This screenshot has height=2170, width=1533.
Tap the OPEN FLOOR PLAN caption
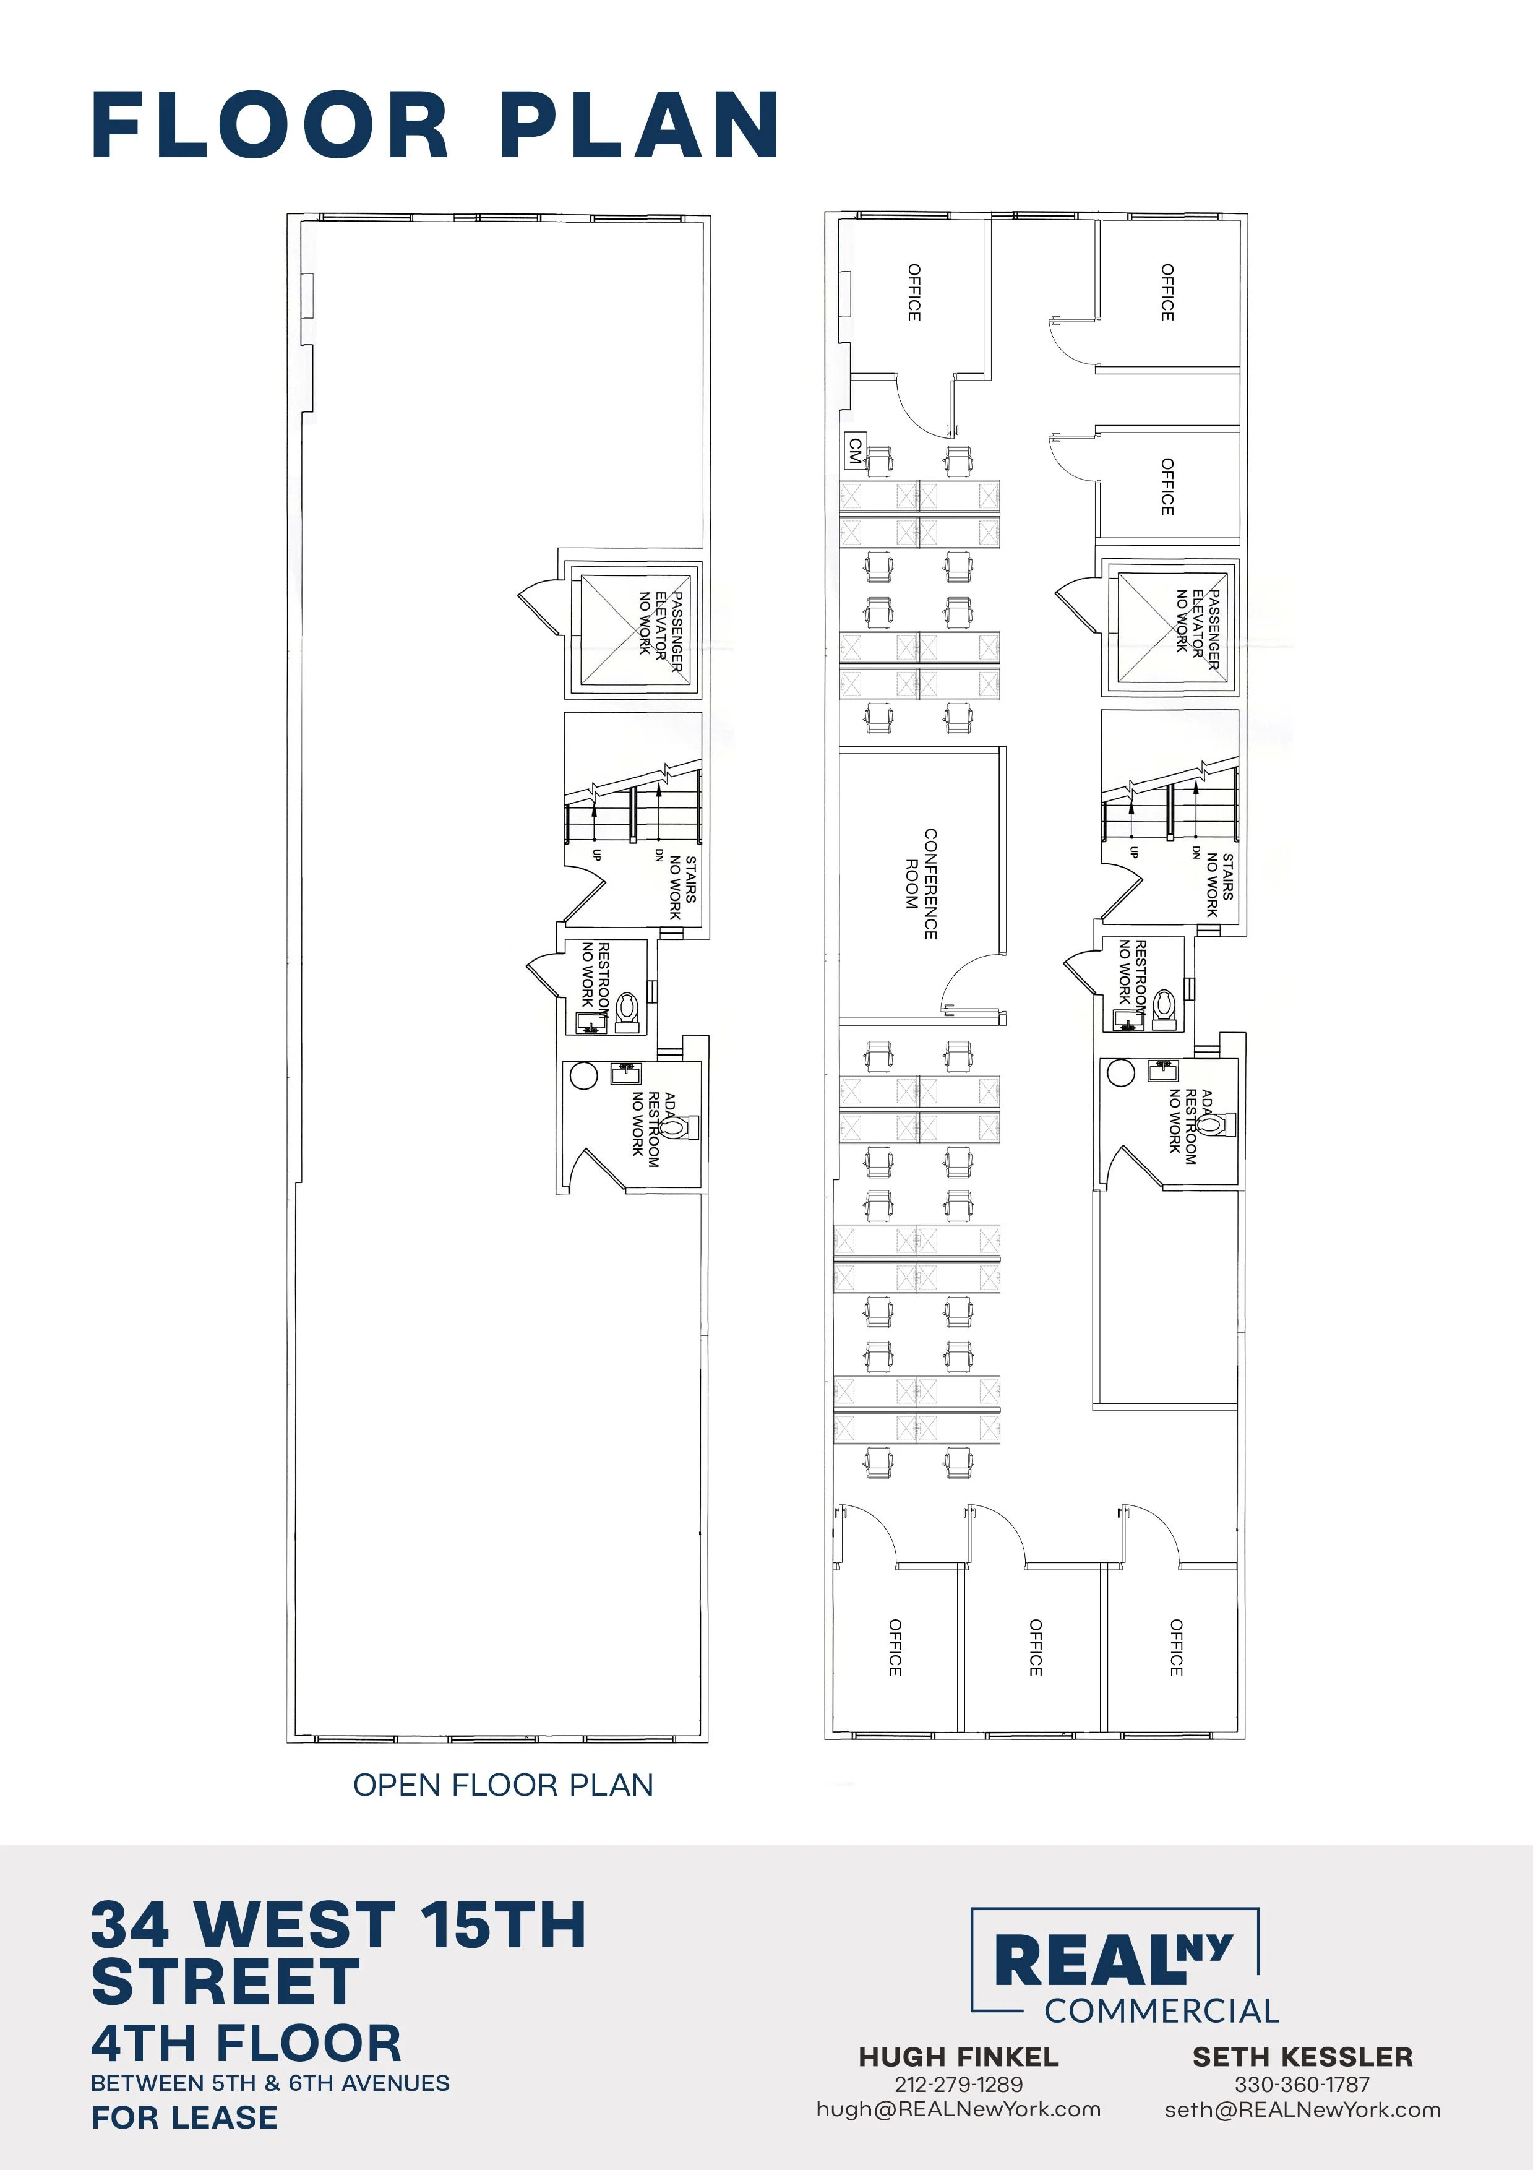(503, 1785)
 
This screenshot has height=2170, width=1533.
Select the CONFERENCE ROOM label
(922, 884)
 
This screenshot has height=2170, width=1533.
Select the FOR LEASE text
(184, 2117)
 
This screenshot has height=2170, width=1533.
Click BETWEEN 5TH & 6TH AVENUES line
(270, 2083)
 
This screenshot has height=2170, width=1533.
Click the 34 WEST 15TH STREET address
(338, 1953)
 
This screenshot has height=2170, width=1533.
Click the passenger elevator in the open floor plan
(633, 627)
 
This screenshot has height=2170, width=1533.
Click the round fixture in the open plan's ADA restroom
(584, 1075)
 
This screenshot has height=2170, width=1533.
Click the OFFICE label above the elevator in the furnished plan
(1167, 487)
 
